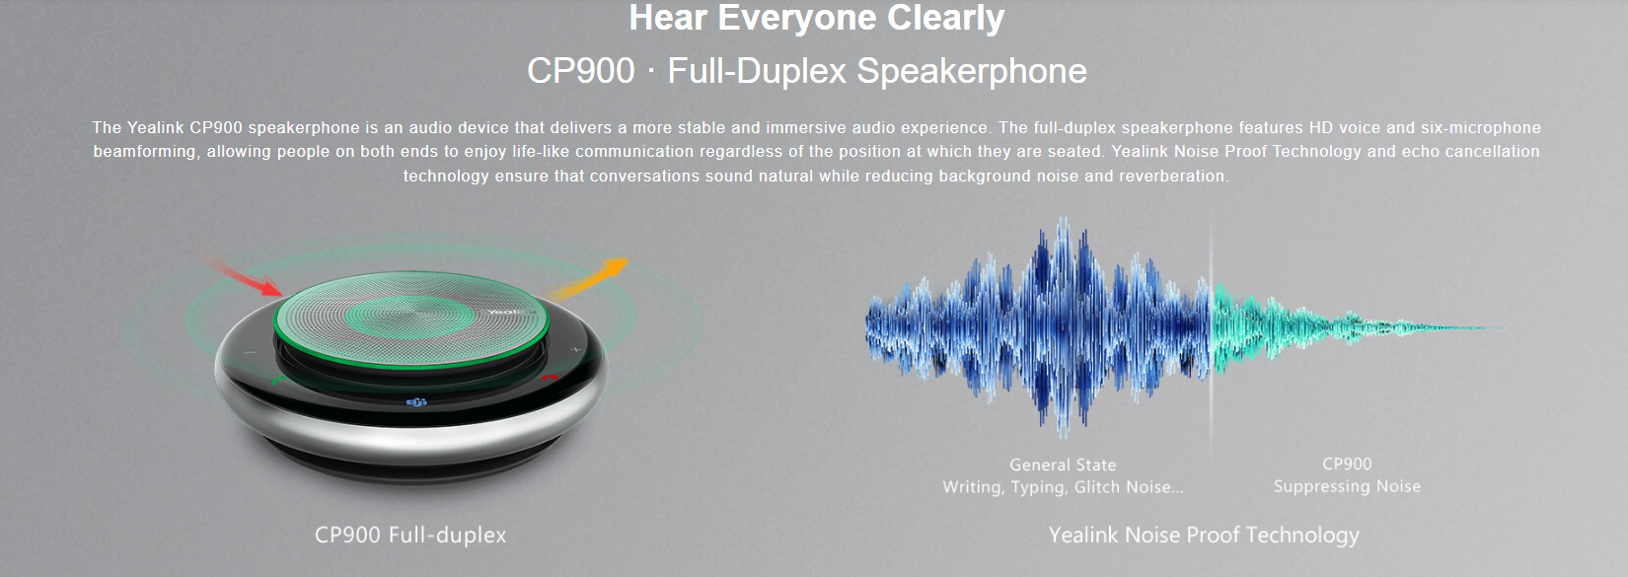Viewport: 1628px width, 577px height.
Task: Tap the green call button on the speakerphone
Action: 278,380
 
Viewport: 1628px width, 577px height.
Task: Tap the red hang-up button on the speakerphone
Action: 551,378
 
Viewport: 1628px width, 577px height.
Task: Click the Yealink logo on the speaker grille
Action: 511,312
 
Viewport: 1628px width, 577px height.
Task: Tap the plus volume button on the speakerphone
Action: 575,349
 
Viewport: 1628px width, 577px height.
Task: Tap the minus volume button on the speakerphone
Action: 249,352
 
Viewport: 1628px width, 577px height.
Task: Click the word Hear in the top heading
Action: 668,18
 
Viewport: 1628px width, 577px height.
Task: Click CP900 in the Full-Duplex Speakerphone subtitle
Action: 581,70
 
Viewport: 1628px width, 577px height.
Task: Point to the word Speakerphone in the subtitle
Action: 972,71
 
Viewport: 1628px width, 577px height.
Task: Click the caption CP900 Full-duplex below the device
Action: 409,535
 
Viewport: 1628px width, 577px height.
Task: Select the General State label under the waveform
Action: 1063,465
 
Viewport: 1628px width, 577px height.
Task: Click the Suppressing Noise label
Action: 1347,487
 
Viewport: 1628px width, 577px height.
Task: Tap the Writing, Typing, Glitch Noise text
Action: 1063,487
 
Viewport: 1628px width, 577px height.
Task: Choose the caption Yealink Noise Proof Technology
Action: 1204,536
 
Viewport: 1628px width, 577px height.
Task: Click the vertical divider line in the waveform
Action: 1211,334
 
